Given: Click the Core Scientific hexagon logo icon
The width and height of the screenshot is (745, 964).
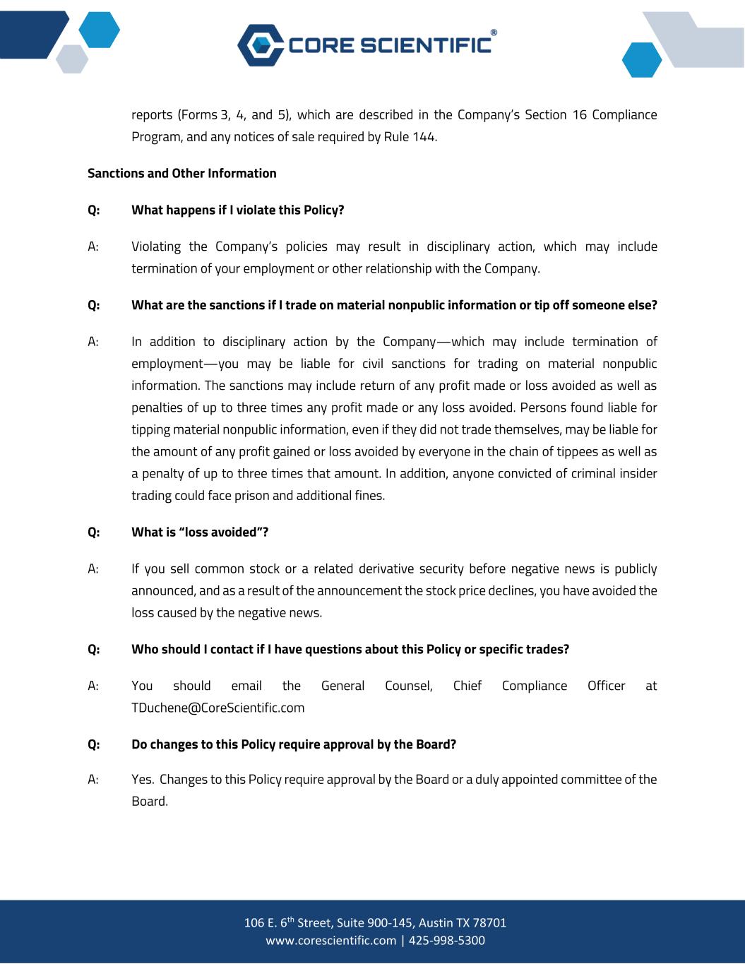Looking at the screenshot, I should [x=260, y=45].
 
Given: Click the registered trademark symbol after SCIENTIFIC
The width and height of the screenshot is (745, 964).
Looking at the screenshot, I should [x=493, y=32].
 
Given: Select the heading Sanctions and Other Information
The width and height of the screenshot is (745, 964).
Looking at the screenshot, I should [x=181, y=173].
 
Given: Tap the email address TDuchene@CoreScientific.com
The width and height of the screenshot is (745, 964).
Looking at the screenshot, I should [x=217, y=708].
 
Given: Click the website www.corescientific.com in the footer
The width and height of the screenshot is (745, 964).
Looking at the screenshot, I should [x=330, y=940].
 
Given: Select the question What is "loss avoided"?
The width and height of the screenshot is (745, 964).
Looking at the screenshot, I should [x=199, y=532].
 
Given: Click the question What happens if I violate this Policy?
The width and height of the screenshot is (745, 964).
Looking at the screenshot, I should [x=237, y=210].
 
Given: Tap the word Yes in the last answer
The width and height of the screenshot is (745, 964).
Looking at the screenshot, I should [x=143, y=779].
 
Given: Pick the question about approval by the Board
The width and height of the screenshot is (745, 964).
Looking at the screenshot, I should [x=293, y=744].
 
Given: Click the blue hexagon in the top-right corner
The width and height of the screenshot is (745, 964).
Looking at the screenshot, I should [x=641, y=60].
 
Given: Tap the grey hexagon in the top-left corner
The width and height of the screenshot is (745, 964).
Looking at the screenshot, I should [x=71, y=59].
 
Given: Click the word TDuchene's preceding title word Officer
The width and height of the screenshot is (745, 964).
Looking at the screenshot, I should [x=606, y=686].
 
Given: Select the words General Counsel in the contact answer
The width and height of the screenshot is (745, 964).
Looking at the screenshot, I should [x=376, y=686].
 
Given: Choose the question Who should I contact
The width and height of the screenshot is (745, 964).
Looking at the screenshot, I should [x=350, y=649].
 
